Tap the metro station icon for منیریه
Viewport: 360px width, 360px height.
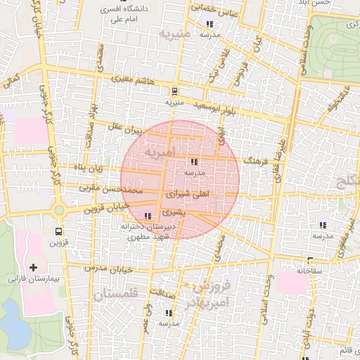173,91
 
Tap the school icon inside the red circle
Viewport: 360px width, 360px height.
195,162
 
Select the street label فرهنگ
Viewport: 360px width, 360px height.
256,162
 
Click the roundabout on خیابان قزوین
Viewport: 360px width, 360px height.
57,210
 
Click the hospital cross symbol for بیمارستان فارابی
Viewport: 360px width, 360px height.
34,267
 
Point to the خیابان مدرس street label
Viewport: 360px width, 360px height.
105,267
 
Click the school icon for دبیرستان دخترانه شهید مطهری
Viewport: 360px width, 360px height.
148,216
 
